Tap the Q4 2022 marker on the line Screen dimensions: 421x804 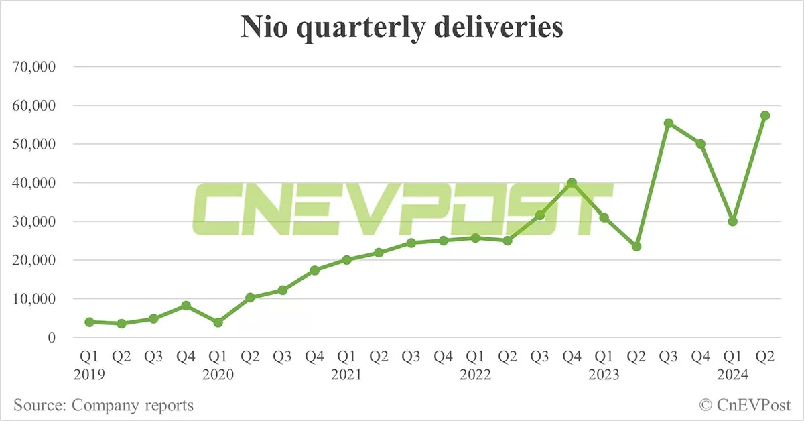click(572, 182)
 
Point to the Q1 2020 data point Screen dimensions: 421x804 click(218, 322)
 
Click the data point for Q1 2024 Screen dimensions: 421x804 click(733, 221)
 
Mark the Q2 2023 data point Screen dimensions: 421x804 click(636, 247)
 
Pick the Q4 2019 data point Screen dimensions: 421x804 click(186, 306)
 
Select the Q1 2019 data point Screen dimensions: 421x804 click(89, 322)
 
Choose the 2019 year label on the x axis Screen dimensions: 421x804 click(90, 375)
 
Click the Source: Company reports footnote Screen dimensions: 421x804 click(103, 405)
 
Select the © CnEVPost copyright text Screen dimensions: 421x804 click(744, 405)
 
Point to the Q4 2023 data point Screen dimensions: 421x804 click(701, 144)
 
